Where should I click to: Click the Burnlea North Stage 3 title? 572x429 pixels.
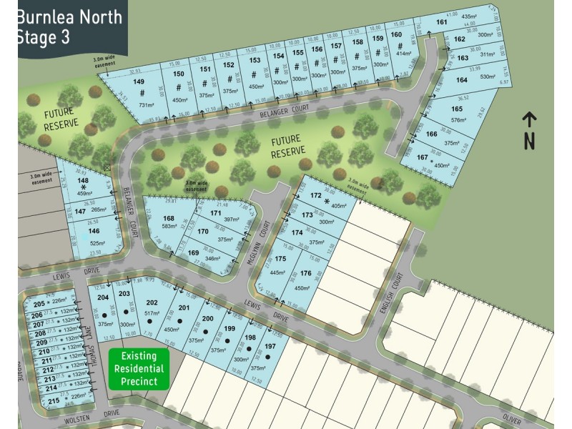[x=69, y=27]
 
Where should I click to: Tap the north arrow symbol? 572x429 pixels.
[x=529, y=130]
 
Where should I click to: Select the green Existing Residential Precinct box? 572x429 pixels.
[x=139, y=369]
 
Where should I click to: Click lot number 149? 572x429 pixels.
[x=139, y=82]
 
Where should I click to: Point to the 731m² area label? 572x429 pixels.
[x=146, y=105]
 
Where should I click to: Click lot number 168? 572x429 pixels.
[x=169, y=218]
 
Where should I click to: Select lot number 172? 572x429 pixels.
[x=316, y=195]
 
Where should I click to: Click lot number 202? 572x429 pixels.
[x=152, y=302]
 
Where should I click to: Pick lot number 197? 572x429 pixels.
[x=270, y=346]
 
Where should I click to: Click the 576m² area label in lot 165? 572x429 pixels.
[x=458, y=119]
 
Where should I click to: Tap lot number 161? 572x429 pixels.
[x=442, y=22]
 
